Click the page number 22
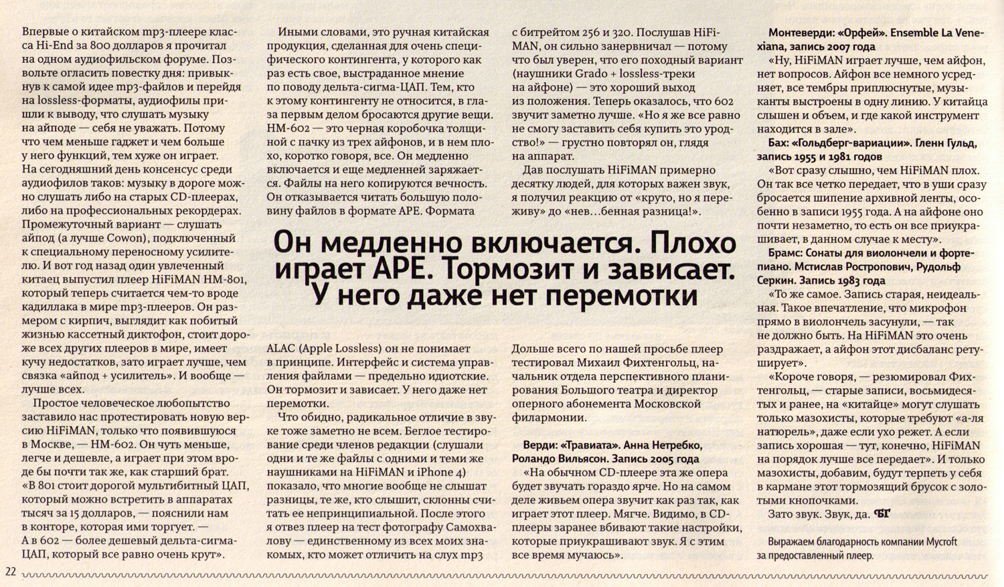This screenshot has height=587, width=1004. tap(10, 571)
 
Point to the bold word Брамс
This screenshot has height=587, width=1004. tap(774, 253)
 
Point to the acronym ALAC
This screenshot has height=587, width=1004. tap(280, 349)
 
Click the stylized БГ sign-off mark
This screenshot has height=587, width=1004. tap(883, 514)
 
